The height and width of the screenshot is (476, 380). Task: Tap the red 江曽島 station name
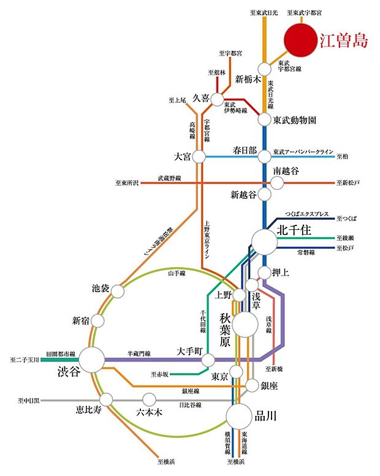pos(344,41)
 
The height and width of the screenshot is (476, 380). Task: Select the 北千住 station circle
pos(264,241)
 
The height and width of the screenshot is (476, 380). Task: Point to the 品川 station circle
pos(238,417)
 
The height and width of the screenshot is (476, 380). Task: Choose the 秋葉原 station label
pos(224,330)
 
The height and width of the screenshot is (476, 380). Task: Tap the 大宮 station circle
pos(199,157)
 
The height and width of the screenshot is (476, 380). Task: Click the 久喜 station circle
pos(218,99)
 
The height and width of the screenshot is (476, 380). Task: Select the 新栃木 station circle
pos(264,69)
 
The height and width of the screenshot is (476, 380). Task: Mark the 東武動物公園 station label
pos(295,120)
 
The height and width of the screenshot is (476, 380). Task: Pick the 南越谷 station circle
pos(277,183)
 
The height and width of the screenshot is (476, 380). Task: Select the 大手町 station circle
pos(208,360)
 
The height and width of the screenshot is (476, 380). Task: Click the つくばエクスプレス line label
pos(308,215)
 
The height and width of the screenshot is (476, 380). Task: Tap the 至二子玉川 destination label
pos(23,360)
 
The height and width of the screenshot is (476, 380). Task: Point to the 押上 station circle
pos(264,271)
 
